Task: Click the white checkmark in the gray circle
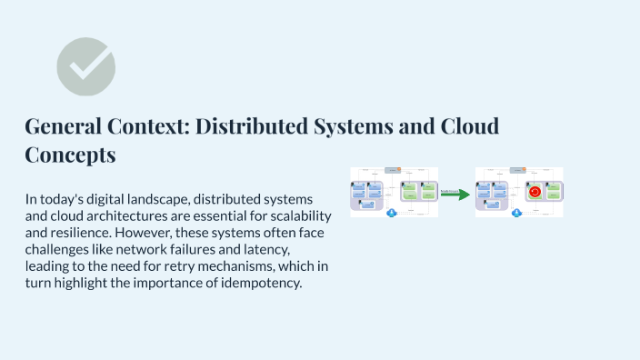pyautogui.click(x=86, y=65)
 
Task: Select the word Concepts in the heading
pyautogui.click(x=70, y=155)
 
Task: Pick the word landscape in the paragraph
pyautogui.click(x=165, y=198)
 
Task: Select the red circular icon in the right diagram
pyautogui.click(x=535, y=192)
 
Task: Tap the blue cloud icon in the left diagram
pyautogui.click(x=392, y=213)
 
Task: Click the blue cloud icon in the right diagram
pyautogui.click(x=516, y=213)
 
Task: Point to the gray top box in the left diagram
pyautogui.click(x=393, y=170)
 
